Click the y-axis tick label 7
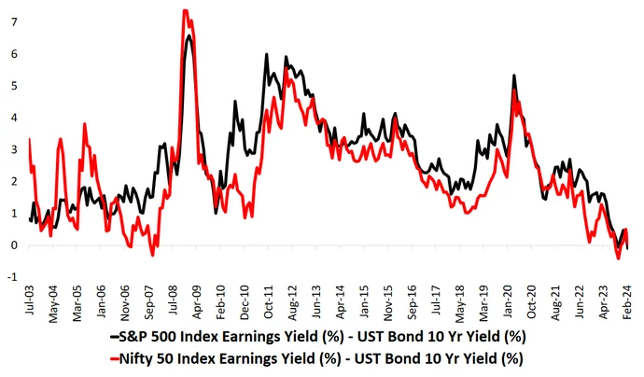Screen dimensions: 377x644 [x=14, y=21]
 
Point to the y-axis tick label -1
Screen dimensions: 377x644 [x=12, y=277]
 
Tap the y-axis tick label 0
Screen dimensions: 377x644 [x=14, y=245]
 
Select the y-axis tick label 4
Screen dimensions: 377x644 [x=14, y=117]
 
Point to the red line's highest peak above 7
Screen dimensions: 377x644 [x=185, y=10]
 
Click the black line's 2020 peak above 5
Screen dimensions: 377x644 [x=514, y=76]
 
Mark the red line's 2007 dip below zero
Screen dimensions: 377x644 [x=153, y=255]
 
